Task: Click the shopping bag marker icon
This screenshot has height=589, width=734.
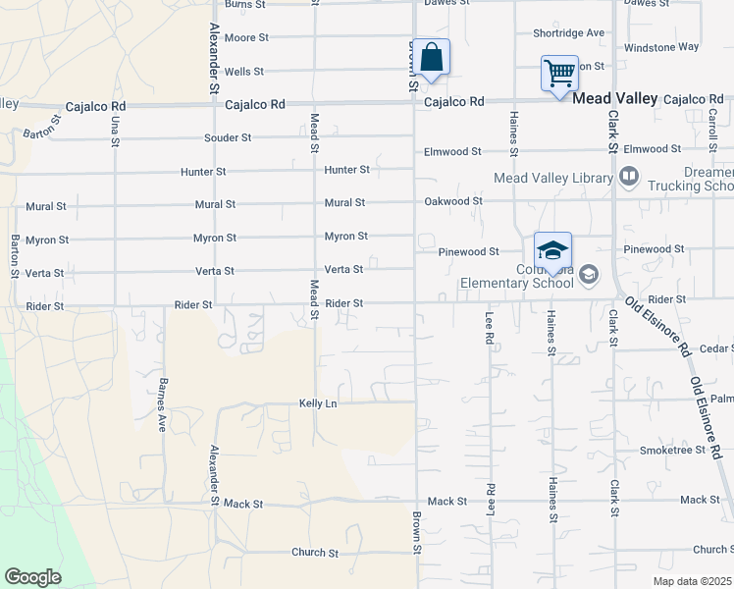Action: tap(431, 57)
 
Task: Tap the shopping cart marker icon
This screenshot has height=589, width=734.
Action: tap(559, 73)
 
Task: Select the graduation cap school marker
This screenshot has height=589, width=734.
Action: tap(552, 250)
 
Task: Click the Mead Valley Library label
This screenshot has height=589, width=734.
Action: tap(553, 178)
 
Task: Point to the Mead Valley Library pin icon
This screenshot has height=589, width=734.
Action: tap(629, 178)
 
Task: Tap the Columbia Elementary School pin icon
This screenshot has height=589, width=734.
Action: tap(588, 274)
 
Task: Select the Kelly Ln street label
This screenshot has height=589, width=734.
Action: tap(318, 403)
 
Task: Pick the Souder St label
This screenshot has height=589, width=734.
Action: tap(228, 138)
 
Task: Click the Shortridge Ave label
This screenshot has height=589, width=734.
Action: tap(569, 32)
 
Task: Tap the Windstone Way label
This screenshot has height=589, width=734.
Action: tap(661, 46)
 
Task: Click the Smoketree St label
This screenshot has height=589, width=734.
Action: tap(672, 451)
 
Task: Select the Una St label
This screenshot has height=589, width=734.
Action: tap(115, 132)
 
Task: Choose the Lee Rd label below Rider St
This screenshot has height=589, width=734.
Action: tap(489, 328)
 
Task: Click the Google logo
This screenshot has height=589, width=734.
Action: tap(32, 577)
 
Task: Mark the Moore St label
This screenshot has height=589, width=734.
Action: tap(245, 38)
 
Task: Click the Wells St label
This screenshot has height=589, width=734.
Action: tap(243, 72)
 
